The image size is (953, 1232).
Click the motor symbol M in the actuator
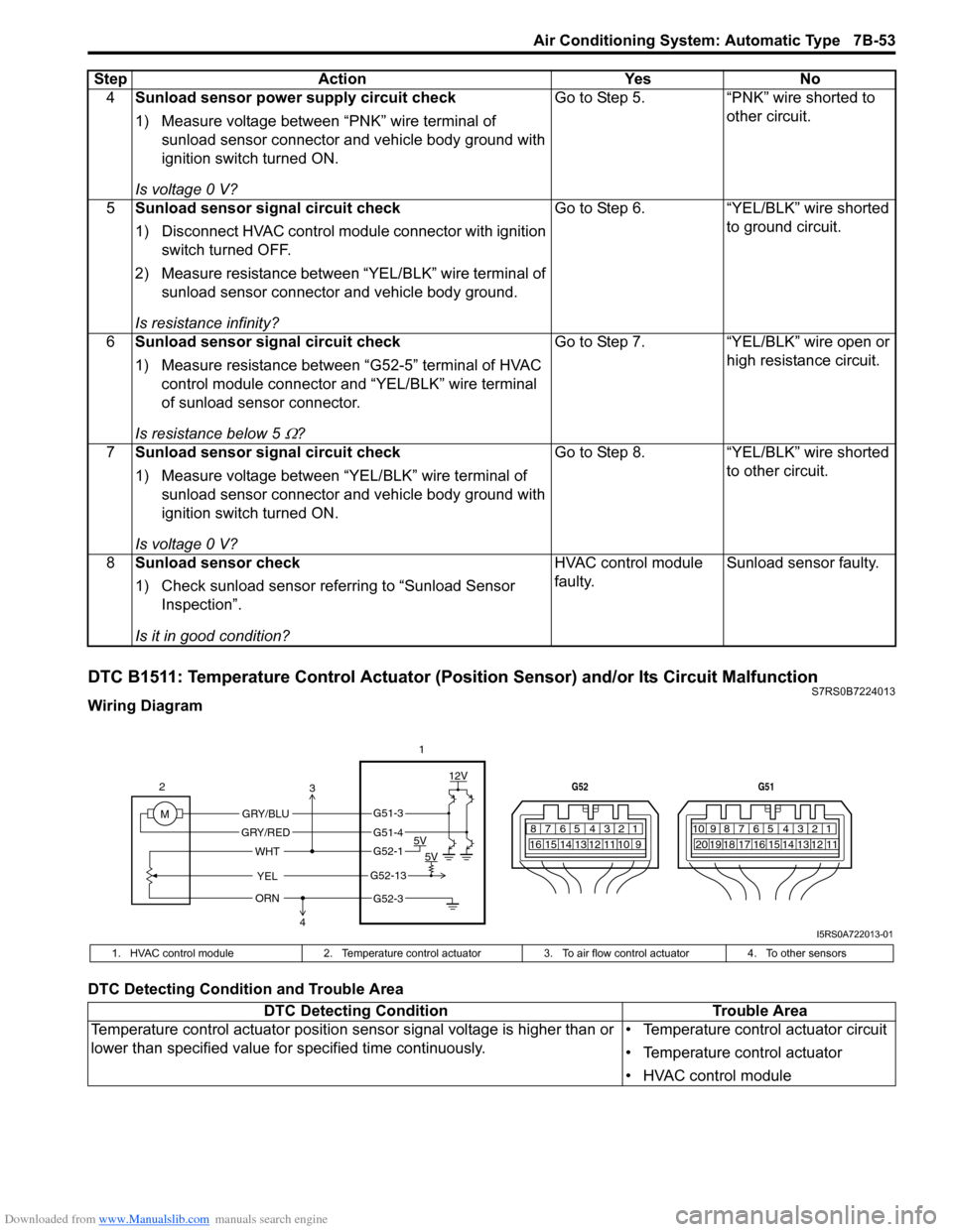pyautogui.click(x=165, y=814)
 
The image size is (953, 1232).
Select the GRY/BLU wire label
pyautogui.click(x=265, y=814)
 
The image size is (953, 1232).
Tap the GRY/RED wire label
pyautogui.click(x=265, y=833)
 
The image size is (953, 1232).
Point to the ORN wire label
pyautogui.click(x=267, y=899)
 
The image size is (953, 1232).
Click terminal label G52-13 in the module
pyautogui.click(x=388, y=876)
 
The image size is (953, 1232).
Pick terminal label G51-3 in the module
pyautogui.click(x=388, y=814)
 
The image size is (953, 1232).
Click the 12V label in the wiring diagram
pyautogui.click(x=458, y=776)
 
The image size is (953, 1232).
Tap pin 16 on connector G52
pyautogui.click(x=536, y=845)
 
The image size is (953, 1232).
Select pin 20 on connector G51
pyautogui.click(x=701, y=845)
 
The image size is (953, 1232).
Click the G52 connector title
pyautogui.click(x=580, y=787)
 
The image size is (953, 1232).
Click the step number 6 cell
pyautogui.click(x=110, y=342)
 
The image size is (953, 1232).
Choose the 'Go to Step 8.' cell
pyautogui.click(x=599, y=452)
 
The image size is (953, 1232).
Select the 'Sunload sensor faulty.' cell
pyautogui.click(x=802, y=563)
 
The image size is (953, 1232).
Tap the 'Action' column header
pyautogui.click(x=341, y=79)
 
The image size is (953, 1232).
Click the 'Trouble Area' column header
pyautogui.click(x=759, y=1011)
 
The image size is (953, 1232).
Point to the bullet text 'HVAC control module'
pyautogui.click(x=717, y=1075)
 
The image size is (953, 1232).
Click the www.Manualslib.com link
pyautogui.click(x=154, y=1219)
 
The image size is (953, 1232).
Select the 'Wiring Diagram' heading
pyautogui.click(x=145, y=706)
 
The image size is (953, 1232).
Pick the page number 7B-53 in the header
pyautogui.click(x=873, y=41)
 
